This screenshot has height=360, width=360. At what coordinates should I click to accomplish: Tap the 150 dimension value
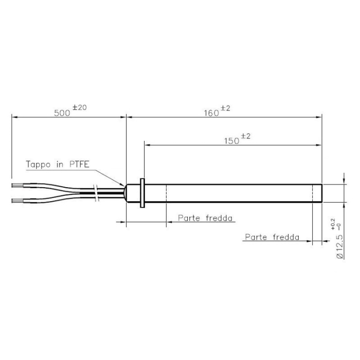(231, 141)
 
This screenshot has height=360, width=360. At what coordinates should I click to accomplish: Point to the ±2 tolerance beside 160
(225, 108)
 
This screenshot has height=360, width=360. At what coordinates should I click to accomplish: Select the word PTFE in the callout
(79, 165)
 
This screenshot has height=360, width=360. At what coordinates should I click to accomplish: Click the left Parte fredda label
(204, 218)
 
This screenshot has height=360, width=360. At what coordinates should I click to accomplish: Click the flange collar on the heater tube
(142, 193)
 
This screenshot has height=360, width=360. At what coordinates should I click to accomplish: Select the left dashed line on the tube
(167, 193)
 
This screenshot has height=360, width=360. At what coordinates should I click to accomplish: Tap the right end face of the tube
(321, 193)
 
